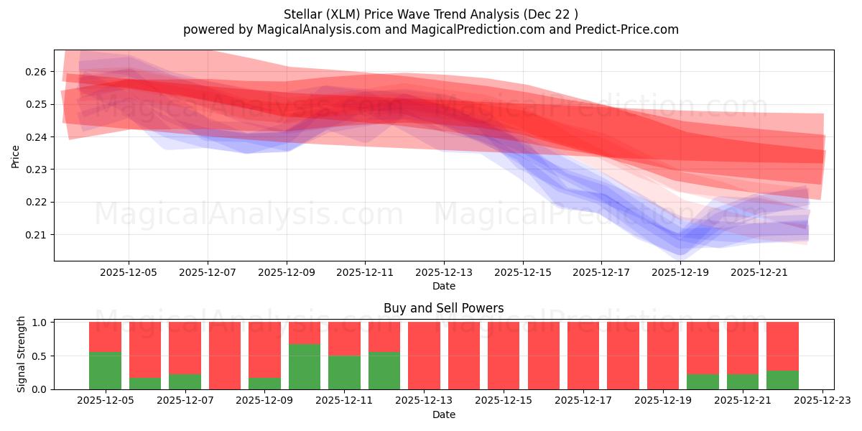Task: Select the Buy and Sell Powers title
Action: click(x=443, y=308)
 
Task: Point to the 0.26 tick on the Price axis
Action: click(x=37, y=72)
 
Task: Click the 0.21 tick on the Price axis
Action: click(x=37, y=235)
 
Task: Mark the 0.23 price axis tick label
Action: click(x=37, y=170)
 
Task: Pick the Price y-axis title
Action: click(x=15, y=156)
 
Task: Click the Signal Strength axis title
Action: click(x=22, y=354)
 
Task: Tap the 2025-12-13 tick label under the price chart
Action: click(x=444, y=272)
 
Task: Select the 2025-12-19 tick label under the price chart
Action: click(x=680, y=272)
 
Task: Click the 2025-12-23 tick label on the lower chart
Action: click(x=822, y=401)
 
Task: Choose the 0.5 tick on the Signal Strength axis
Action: click(x=40, y=356)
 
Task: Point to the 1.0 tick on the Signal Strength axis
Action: click(x=40, y=323)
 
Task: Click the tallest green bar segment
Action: click(x=305, y=366)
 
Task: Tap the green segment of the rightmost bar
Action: click(x=782, y=380)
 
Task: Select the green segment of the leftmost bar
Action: click(x=105, y=371)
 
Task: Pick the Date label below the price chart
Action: click(x=443, y=286)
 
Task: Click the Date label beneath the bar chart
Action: click(x=443, y=414)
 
